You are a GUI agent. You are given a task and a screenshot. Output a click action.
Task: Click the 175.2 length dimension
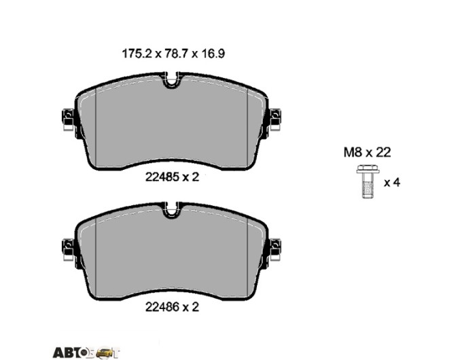(x=137, y=54)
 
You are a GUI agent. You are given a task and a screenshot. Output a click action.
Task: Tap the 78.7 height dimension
(x=176, y=54)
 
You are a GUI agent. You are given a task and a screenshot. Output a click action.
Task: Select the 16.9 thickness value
(x=213, y=54)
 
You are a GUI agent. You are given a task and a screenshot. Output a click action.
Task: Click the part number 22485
(x=162, y=177)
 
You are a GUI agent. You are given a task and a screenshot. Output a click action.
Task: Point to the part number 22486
(x=162, y=307)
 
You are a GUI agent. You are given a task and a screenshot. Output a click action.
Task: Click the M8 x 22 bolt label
(x=367, y=152)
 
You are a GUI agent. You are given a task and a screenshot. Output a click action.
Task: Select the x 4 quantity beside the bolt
(x=392, y=183)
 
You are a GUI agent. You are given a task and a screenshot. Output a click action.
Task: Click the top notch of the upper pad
(x=171, y=80)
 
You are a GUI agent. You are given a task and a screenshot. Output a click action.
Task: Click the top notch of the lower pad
(x=171, y=210)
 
